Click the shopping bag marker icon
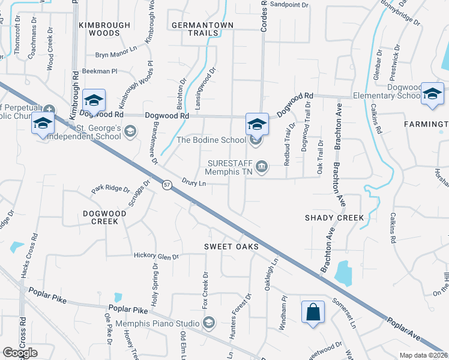[313, 313]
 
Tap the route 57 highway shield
[167, 187]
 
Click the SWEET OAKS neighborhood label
[231, 247]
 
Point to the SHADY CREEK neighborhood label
[334, 218]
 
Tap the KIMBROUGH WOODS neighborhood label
[104, 29]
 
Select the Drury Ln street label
[194, 182]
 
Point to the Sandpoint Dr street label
[289, 4]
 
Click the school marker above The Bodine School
[257, 124]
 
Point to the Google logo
[20, 352]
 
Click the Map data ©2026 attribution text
[423, 355]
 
